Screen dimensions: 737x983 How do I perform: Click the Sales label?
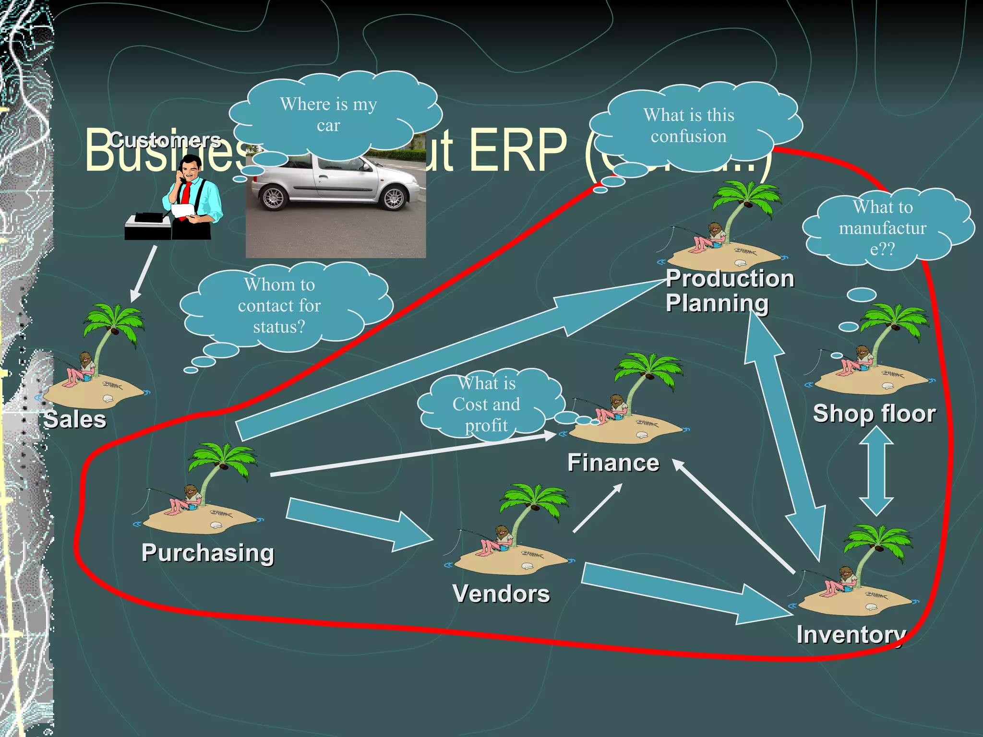click(x=75, y=419)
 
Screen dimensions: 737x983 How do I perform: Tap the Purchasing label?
click(x=208, y=553)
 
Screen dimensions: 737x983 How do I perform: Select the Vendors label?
click(x=501, y=594)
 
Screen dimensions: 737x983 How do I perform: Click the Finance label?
click(x=613, y=463)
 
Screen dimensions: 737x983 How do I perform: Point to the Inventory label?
click(x=851, y=635)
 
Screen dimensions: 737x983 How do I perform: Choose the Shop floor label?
click(x=874, y=414)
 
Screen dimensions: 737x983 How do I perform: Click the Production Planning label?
click(x=730, y=291)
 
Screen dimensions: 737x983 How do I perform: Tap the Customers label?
click(x=165, y=140)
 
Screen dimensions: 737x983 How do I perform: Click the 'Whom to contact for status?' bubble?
click(x=279, y=306)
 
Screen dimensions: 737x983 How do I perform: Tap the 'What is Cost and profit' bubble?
click(x=486, y=404)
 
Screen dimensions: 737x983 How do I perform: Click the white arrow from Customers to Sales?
click(x=144, y=273)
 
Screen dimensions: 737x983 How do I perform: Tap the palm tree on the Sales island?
click(x=113, y=326)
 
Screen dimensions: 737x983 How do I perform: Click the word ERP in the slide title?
click(x=518, y=151)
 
